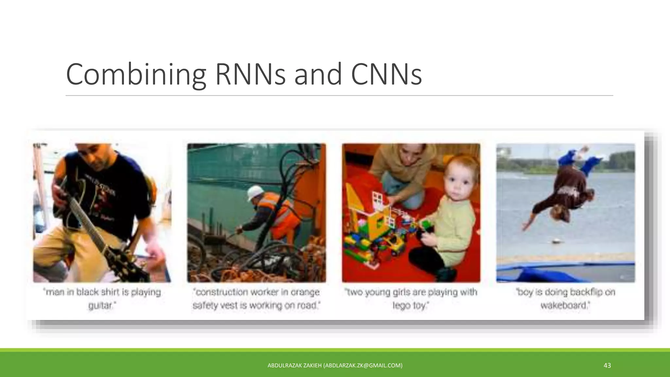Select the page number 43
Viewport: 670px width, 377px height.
tap(607, 366)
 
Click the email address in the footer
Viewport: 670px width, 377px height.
tap(363, 366)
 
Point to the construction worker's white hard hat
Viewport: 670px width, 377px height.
tap(254, 192)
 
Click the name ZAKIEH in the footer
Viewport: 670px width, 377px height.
tap(312, 366)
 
